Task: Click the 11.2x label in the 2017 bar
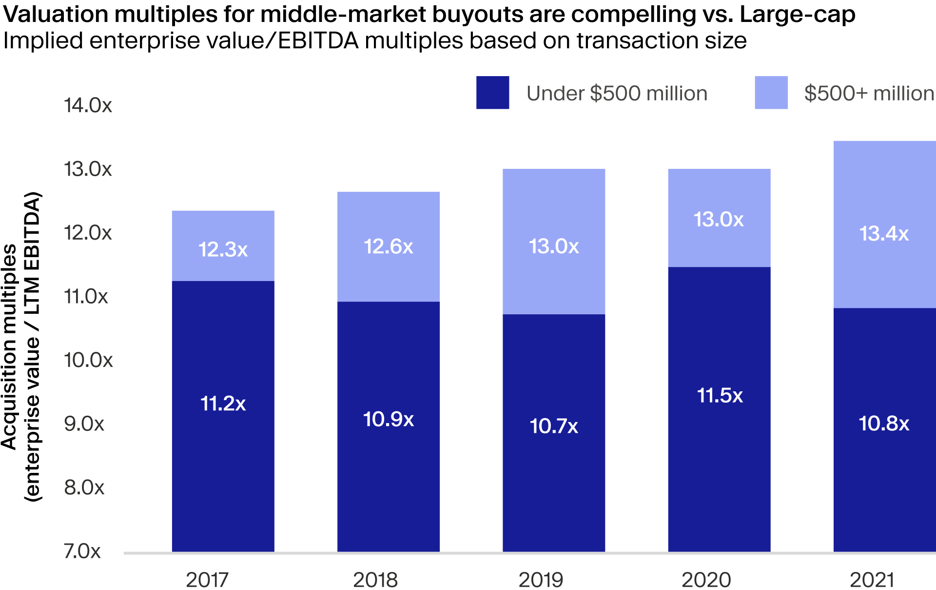tap(223, 404)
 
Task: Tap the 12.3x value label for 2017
tap(223, 249)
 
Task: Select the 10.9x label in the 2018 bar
tap(388, 419)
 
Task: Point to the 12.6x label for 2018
tap(388, 246)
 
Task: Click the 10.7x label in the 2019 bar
tap(553, 426)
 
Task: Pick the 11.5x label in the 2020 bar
tap(719, 395)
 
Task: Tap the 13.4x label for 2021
tap(883, 233)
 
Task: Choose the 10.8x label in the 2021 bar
tap(883, 423)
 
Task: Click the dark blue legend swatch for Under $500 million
tap(492, 92)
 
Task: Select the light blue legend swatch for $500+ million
tap(771, 92)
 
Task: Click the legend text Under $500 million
tap(617, 93)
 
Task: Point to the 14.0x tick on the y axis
tap(88, 105)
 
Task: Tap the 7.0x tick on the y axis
tap(82, 551)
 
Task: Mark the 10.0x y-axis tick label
tap(88, 360)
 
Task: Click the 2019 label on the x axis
tap(541, 580)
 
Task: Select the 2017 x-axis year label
tap(207, 580)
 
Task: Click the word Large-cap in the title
tap(797, 15)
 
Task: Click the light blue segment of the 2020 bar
tap(719, 244)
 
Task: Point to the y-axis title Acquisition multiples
tap(10, 346)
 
